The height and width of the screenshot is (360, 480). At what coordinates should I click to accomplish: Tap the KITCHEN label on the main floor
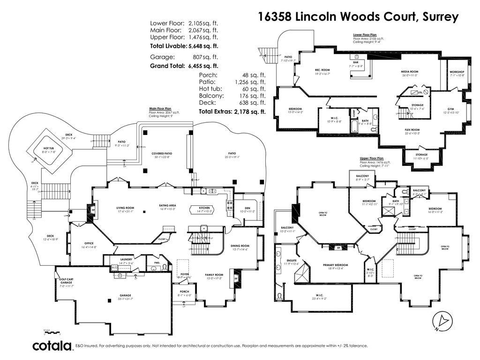(x=205, y=207)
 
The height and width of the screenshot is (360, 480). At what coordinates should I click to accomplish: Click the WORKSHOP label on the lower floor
(x=457, y=72)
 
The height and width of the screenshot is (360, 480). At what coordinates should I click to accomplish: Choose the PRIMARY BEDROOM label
(x=335, y=265)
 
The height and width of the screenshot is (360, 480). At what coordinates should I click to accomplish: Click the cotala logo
(x=52, y=346)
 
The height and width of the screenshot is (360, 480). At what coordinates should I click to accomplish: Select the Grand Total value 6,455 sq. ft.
(x=203, y=66)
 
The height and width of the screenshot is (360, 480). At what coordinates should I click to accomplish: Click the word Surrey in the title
(x=440, y=17)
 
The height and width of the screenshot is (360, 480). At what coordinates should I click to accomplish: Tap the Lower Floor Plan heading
(x=365, y=35)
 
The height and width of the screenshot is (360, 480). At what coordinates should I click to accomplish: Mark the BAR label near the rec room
(x=356, y=62)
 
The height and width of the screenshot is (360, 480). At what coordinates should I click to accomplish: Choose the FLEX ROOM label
(x=412, y=129)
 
